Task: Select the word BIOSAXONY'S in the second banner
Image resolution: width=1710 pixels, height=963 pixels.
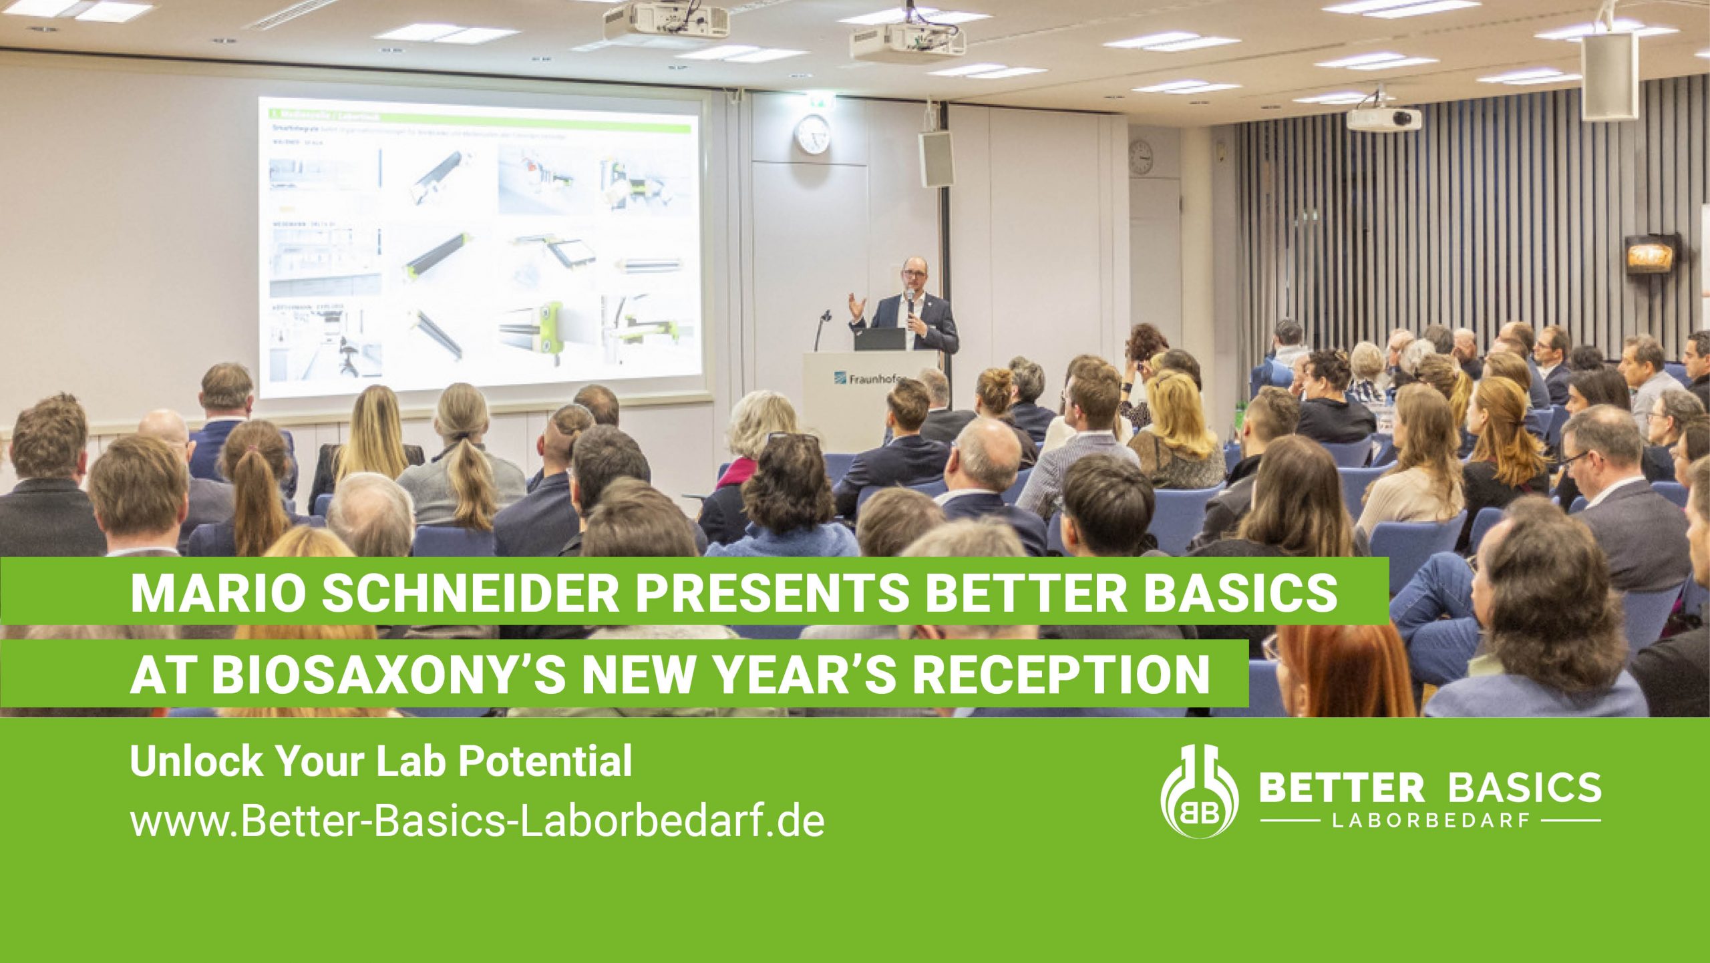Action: tap(387, 674)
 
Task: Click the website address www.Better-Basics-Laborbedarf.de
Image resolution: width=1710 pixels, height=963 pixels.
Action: tap(477, 822)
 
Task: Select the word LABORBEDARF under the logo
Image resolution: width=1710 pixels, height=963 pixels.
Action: tap(1430, 821)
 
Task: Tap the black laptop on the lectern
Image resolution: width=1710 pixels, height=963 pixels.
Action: tap(879, 339)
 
